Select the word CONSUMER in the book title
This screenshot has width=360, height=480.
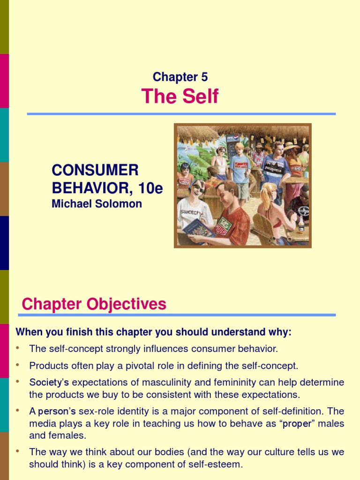click(95, 170)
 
